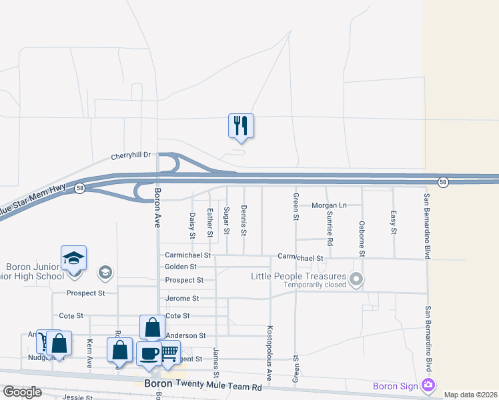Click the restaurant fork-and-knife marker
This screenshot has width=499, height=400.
[241, 125]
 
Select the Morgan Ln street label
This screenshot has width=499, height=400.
[330, 205]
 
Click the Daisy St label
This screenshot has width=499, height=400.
[192, 225]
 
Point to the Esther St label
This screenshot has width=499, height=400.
[209, 223]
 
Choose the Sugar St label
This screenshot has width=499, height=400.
[227, 221]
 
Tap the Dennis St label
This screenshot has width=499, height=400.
[243, 221]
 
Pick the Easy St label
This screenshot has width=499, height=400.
[394, 222]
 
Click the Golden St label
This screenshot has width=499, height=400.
[181, 267]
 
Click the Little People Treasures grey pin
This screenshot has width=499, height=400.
[356, 279]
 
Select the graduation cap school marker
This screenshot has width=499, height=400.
[74, 258]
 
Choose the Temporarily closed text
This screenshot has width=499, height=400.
[315, 285]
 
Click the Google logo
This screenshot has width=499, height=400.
[22, 392]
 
